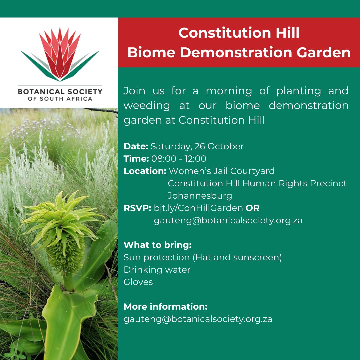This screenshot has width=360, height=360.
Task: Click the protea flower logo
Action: (x=60, y=55)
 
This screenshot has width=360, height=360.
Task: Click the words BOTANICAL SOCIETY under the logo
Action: (x=60, y=91)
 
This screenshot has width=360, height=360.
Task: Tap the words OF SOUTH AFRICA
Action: (x=60, y=99)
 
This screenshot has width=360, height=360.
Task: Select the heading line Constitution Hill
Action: (x=239, y=33)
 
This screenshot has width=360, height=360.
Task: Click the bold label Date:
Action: (x=136, y=146)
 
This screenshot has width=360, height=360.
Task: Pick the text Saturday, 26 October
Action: (x=197, y=146)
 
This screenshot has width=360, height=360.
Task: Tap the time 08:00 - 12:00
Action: (x=179, y=159)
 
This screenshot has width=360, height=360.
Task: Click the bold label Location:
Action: (x=145, y=171)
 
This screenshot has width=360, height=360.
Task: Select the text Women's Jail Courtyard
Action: (x=222, y=171)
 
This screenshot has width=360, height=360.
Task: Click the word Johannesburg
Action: (x=200, y=195)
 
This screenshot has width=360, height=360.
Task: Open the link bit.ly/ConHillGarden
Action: (x=198, y=208)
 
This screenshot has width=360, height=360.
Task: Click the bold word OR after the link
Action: (x=253, y=208)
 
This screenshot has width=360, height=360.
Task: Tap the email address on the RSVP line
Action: (x=228, y=220)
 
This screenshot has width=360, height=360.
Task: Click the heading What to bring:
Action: (x=157, y=245)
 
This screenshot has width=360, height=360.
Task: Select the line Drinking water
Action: (x=157, y=270)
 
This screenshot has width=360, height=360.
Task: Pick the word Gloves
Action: (x=138, y=282)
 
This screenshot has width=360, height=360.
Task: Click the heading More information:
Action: (x=165, y=306)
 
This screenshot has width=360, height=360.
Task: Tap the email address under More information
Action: (x=198, y=319)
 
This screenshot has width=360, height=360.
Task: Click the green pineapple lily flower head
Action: (x=62, y=233)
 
